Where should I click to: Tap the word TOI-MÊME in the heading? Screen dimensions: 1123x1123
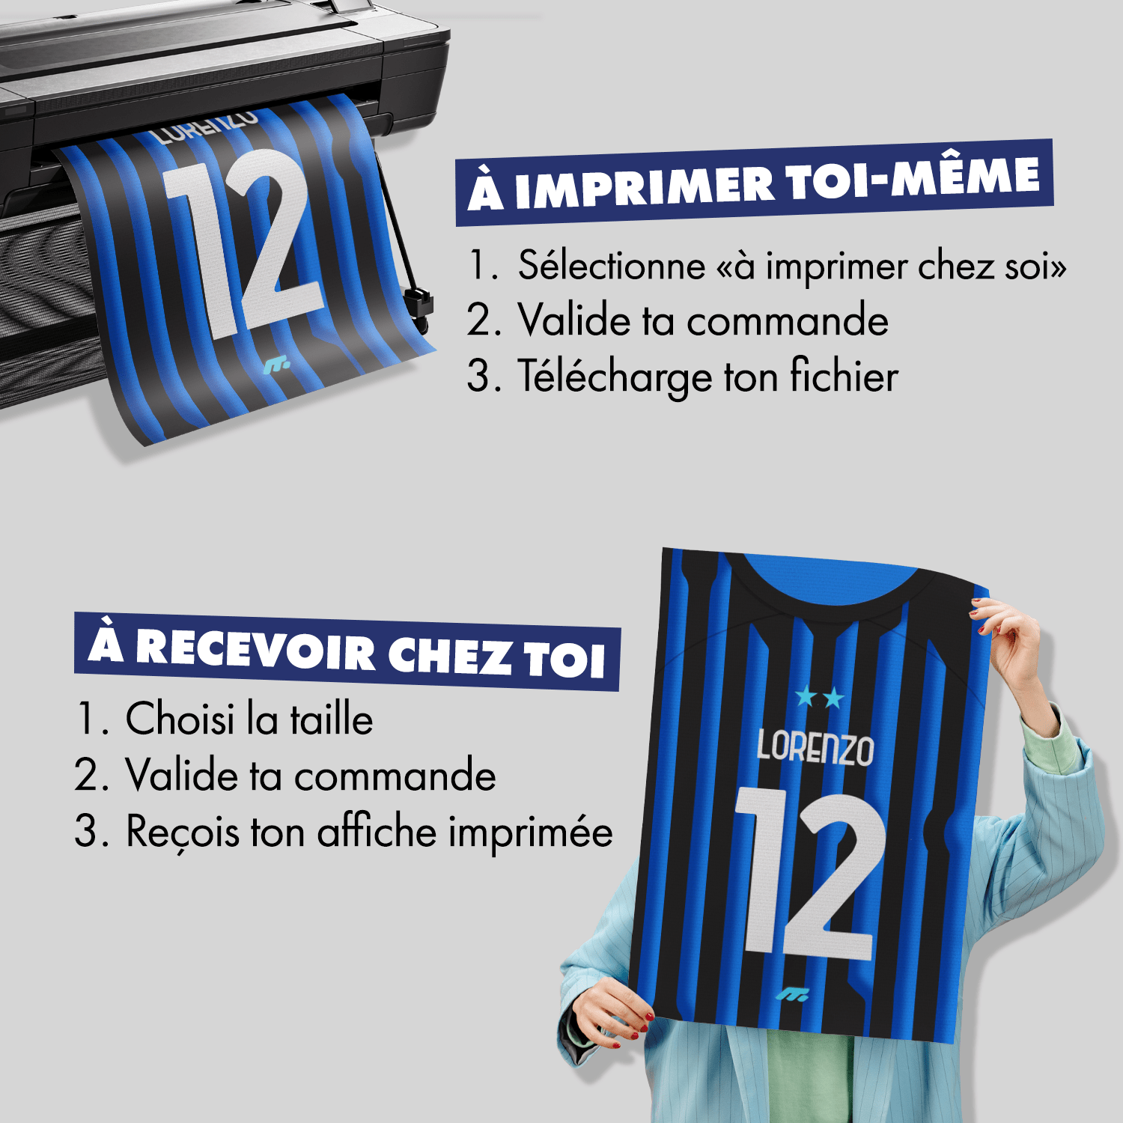click(913, 180)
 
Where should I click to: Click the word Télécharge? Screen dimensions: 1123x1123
click(614, 377)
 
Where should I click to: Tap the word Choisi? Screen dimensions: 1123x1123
click(180, 719)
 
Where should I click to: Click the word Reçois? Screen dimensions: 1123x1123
click(183, 832)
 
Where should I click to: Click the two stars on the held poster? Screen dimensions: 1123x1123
click(820, 698)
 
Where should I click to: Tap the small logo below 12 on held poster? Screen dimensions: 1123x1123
click(791, 995)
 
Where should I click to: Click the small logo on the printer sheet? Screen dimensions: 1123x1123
click(276, 366)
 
